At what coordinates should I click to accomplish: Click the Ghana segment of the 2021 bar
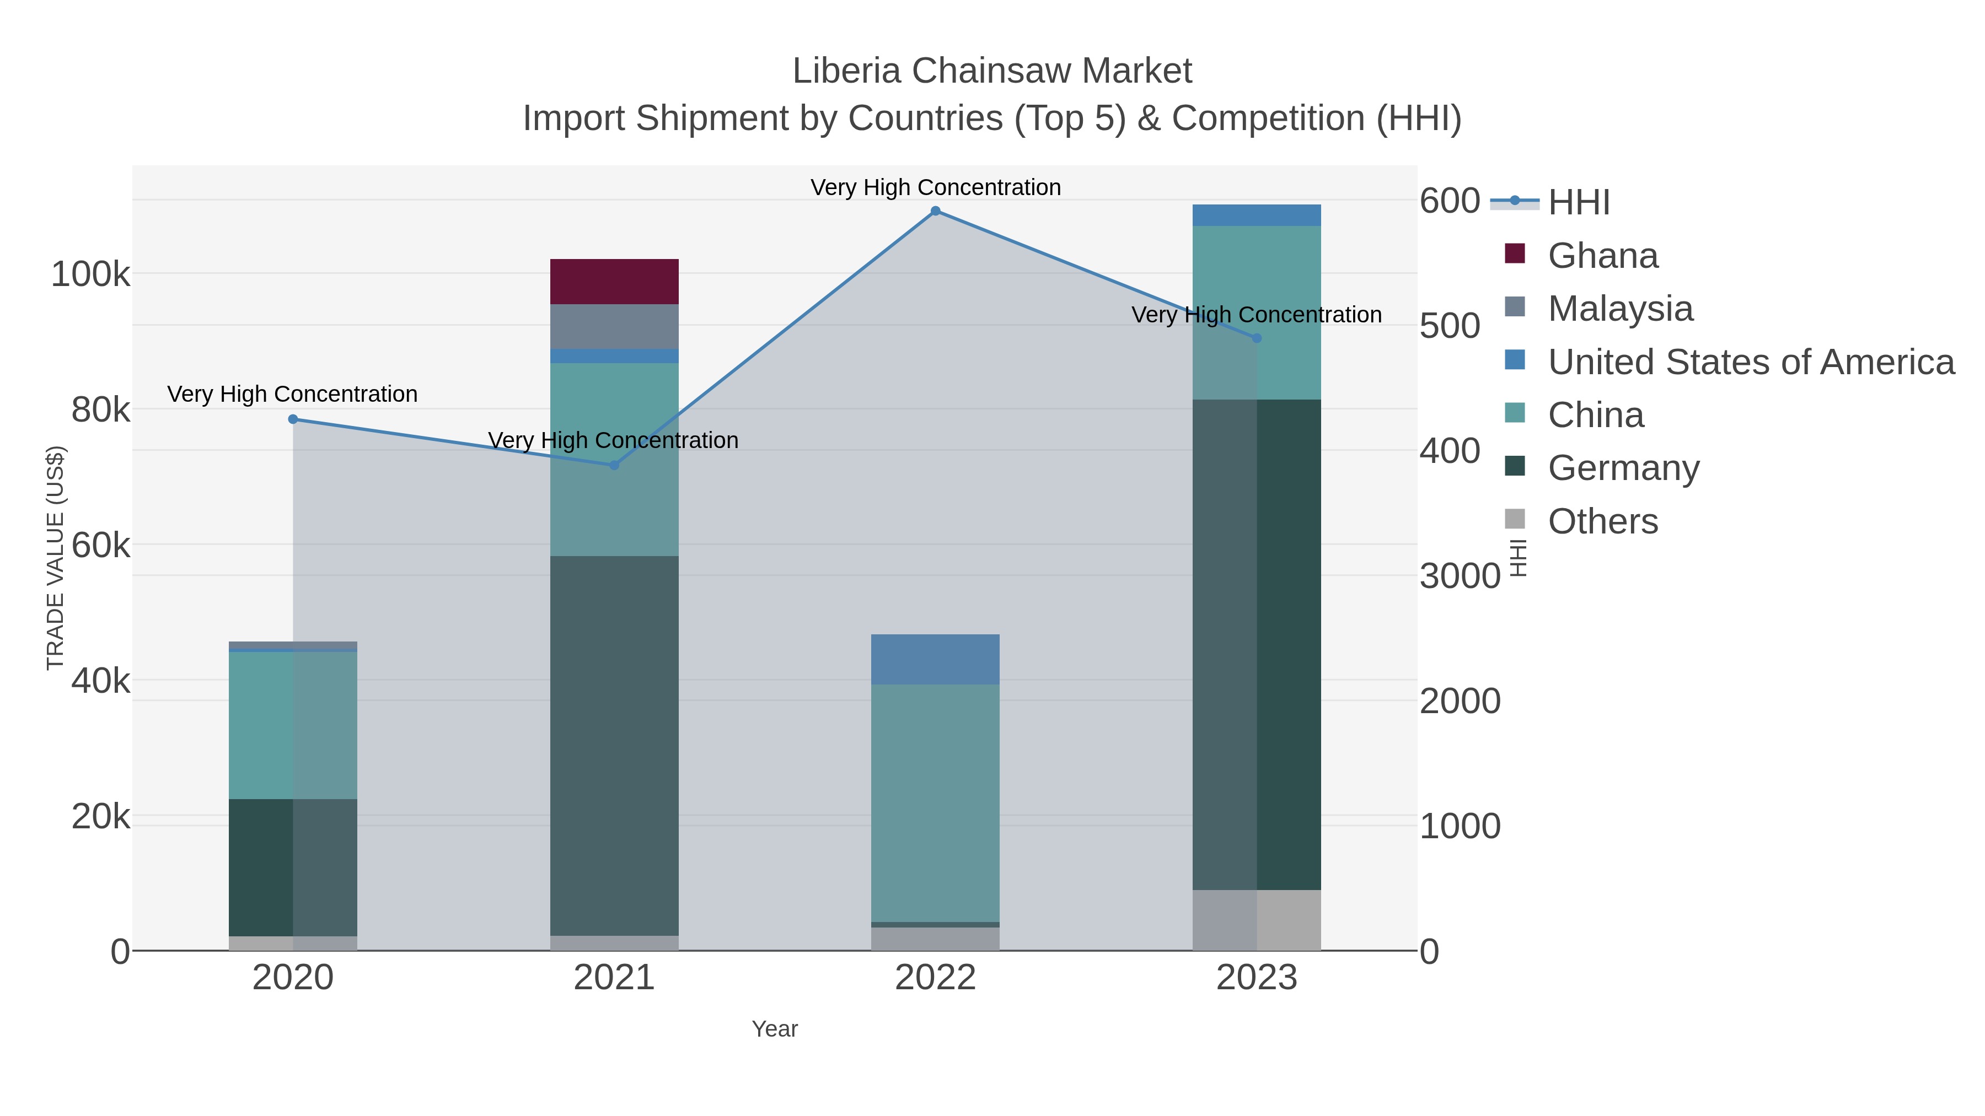pos(614,281)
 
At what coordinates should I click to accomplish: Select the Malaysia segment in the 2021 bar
pos(614,327)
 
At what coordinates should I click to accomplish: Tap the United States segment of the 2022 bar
pos(935,659)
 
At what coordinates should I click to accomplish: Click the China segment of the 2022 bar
pos(935,802)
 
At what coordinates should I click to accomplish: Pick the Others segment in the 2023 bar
pos(1256,920)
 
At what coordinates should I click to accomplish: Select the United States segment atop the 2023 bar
pos(1256,215)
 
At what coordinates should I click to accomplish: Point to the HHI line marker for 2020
pos(293,419)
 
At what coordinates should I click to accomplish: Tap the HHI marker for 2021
pos(614,465)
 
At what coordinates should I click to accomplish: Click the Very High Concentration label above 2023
pos(1256,315)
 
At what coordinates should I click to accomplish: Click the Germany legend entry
pos(1623,468)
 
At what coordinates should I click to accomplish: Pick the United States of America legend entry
pos(1750,362)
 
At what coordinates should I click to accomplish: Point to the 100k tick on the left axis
pos(90,275)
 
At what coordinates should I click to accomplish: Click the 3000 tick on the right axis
pos(1460,576)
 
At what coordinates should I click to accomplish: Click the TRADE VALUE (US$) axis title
pos(56,558)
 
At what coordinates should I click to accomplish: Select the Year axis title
pos(775,1029)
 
